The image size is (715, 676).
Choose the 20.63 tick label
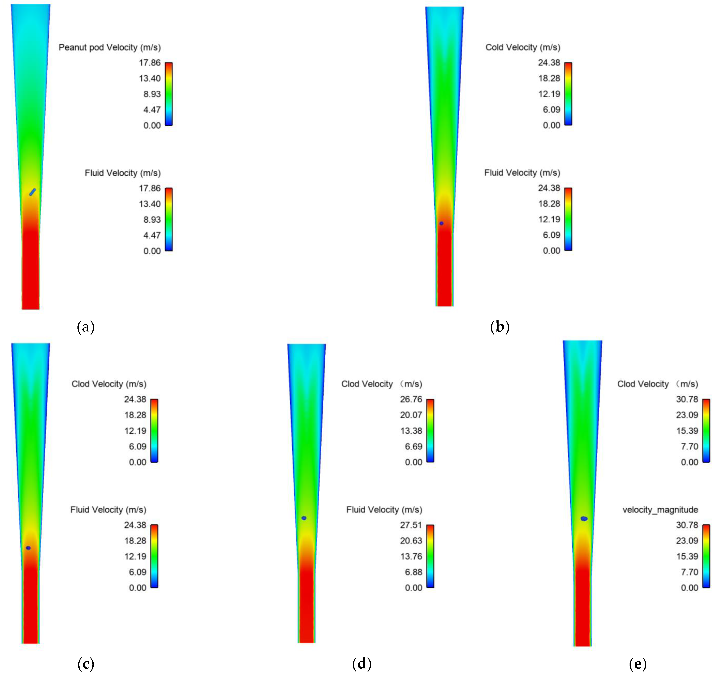coord(411,540)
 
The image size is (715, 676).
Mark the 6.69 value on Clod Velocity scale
coord(414,446)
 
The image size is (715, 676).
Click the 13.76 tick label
coord(411,556)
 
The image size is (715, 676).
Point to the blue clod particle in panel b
coord(441,223)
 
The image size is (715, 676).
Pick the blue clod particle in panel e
coord(584,519)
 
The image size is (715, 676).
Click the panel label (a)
coord(86,327)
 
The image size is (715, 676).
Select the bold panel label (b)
coord(500,327)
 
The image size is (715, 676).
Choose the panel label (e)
coord(637,664)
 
